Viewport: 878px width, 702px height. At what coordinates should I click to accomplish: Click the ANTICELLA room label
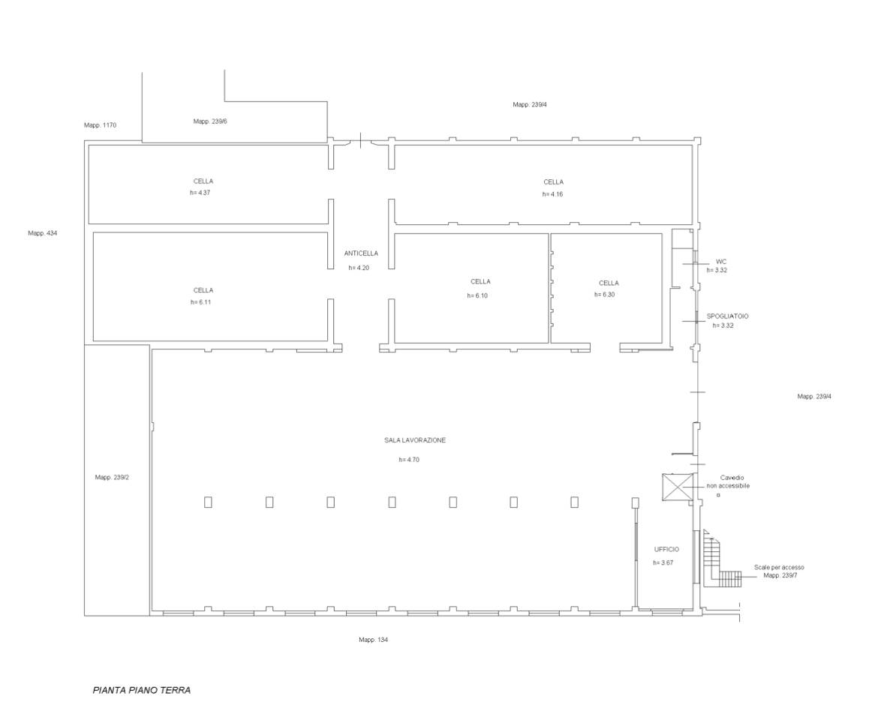tap(361, 253)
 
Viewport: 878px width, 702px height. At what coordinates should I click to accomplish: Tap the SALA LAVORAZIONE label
tap(415, 440)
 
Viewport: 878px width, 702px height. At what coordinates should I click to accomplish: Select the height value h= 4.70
tap(409, 460)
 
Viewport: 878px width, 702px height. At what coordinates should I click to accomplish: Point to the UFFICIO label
tap(666, 549)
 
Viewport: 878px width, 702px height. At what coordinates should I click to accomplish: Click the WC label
tap(720, 262)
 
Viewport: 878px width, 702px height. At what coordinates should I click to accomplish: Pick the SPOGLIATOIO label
tap(727, 316)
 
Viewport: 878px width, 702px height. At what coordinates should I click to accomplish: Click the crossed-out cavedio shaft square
tap(677, 487)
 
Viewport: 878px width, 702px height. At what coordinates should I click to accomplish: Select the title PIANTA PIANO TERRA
tap(142, 690)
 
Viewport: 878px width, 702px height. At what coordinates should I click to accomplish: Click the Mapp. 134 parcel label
tap(373, 640)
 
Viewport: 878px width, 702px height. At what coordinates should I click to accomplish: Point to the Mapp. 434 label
tap(43, 233)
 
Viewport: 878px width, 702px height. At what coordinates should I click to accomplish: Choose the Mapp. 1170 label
tap(101, 124)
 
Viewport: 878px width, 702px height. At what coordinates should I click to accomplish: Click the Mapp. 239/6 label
tap(210, 121)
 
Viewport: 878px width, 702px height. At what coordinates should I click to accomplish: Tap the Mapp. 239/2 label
tap(112, 478)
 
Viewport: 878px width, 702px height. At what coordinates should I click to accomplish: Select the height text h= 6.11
tap(200, 302)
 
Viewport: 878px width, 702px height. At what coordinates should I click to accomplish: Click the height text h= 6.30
tap(605, 295)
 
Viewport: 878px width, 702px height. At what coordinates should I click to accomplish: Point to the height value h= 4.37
tap(200, 193)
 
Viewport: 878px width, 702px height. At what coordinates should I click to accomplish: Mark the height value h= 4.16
tap(552, 194)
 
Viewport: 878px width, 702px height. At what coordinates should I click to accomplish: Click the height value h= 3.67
tap(663, 562)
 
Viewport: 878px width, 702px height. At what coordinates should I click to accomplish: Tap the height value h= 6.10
tap(477, 295)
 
